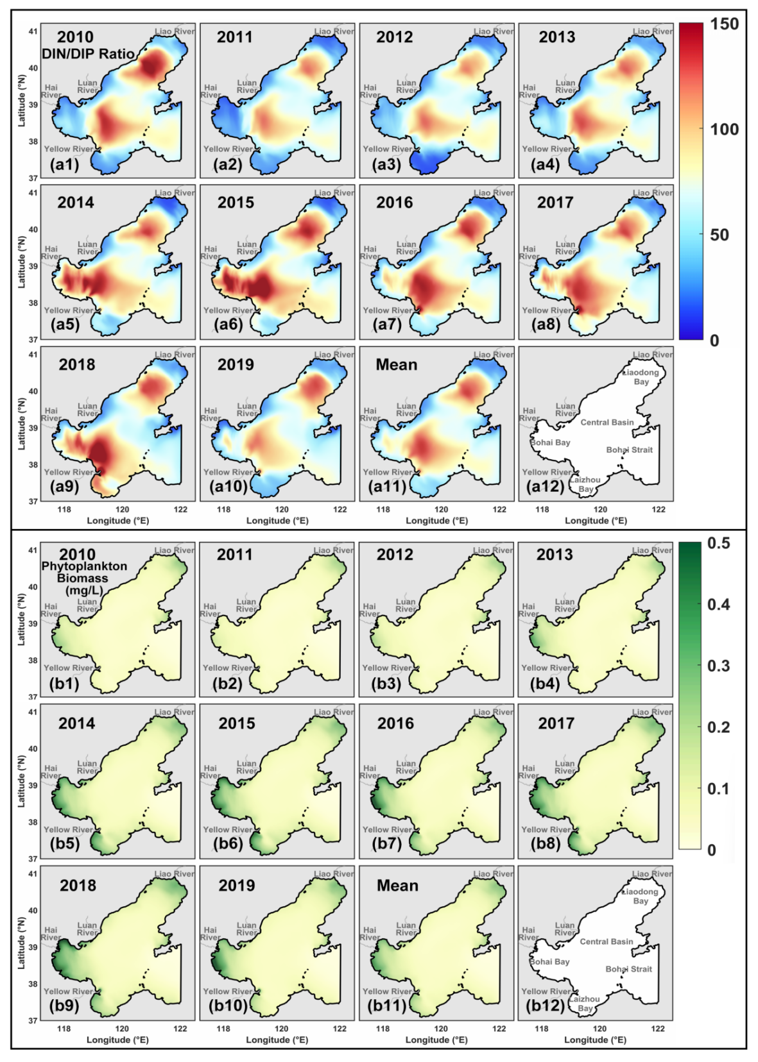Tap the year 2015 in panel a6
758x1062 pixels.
coord(236,202)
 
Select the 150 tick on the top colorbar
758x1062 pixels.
coord(724,24)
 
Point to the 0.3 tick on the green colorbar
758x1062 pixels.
coord(718,666)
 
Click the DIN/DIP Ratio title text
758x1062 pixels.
coord(88,54)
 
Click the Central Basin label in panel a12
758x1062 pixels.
coord(607,423)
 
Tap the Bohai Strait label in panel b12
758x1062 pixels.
coord(628,969)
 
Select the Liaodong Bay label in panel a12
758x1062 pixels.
coord(641,377)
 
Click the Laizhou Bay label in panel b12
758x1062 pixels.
coord(585,1004)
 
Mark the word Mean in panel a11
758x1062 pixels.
coord(396,364)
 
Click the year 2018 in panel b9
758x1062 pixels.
coord(78,885)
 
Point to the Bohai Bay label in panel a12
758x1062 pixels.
coord(550,442)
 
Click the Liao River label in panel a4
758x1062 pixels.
coord(653,31)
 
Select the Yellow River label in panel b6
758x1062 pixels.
coord(227,829)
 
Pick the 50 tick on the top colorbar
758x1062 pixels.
coord(719,235)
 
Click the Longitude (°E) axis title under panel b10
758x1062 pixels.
coord(277,1040)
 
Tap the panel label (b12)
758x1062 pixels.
coord(546,1006)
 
